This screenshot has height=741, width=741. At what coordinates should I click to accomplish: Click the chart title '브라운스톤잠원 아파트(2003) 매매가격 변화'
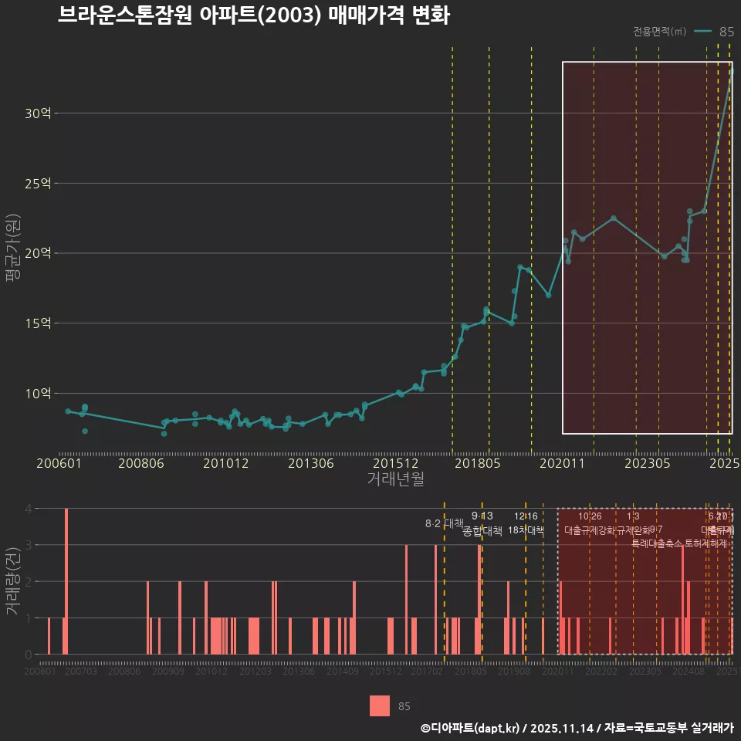click(253, 16)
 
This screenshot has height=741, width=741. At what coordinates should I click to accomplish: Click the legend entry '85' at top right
click(726, 32)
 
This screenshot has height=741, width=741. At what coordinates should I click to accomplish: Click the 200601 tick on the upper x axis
click(59, 464)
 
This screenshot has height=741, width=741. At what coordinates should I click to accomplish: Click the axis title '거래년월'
click(395, 479)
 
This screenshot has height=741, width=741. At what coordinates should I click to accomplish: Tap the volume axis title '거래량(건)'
click(13, 581)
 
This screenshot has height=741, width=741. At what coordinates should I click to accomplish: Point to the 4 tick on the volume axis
click(28, 509)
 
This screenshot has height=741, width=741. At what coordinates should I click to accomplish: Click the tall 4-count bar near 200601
click(67, 581)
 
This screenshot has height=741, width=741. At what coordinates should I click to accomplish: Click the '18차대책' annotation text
click(526, 530)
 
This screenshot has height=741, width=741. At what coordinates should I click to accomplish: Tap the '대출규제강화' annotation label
click(590, 530)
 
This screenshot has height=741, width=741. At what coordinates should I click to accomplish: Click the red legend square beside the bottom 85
click(380, 705)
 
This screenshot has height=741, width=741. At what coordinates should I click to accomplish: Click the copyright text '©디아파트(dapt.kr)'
click(471, 727)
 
